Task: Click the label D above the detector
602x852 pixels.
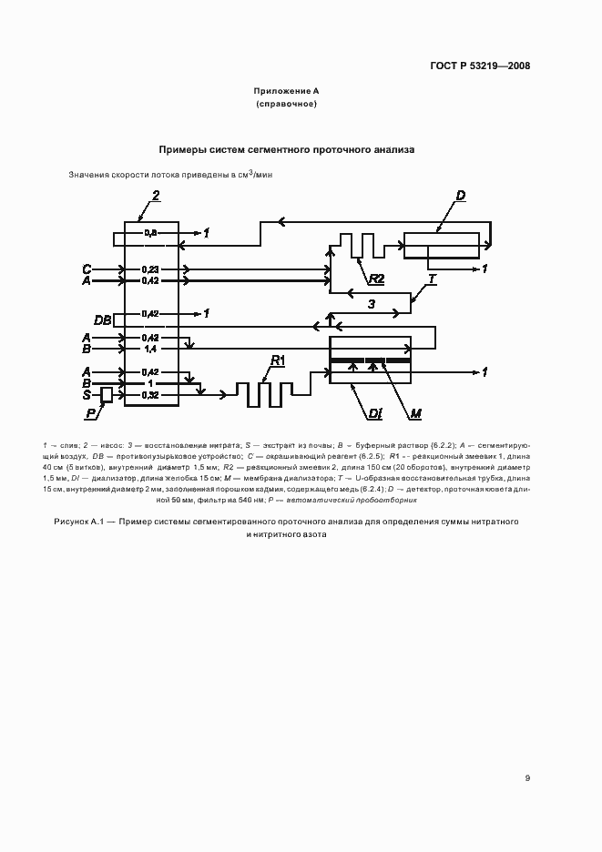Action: click(x=462, y=196)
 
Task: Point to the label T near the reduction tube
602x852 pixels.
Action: click(x=432, y=279)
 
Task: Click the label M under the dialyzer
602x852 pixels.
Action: click(x=415, y=414)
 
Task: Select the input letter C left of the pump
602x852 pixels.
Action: click(x=87, y=269)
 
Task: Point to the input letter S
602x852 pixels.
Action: click(x=87, y=394)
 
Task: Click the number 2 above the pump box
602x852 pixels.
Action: click(x=156, y=196)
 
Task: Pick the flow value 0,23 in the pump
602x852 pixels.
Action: click(x=150, y=269)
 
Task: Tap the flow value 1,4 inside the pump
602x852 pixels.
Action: click(x=150, y=348)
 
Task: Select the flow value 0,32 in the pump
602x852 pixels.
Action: click(x=150, y=395)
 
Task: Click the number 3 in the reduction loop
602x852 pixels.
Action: click(x=371, y=304)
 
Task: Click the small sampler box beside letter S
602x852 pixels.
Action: click(x=106, y=394)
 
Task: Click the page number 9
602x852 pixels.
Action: click(x=527, y=777)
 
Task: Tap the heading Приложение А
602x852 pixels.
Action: click(x=286, y=92)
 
